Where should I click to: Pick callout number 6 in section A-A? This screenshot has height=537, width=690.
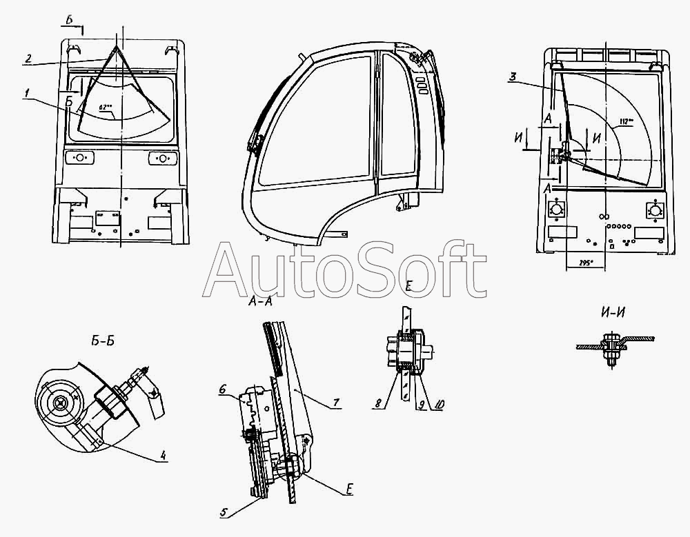pos(222,390)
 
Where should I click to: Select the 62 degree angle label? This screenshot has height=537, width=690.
pos(106,107)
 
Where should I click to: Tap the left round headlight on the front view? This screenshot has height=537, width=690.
pos(79,159)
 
